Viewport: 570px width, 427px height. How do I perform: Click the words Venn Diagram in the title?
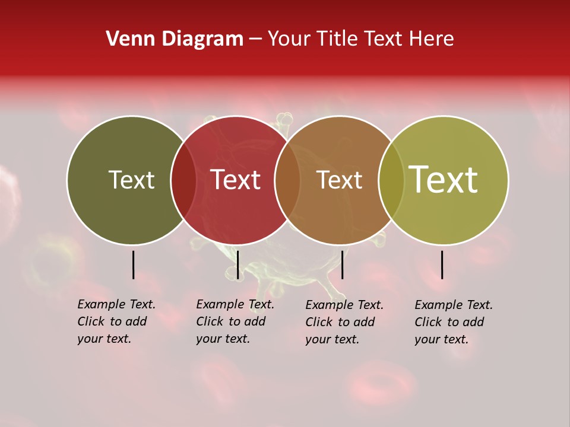175,39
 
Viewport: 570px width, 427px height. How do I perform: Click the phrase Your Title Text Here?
360,39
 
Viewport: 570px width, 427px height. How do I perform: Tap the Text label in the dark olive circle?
131,180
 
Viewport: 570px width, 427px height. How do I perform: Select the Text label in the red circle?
235,180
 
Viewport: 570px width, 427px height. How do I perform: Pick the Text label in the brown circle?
339,180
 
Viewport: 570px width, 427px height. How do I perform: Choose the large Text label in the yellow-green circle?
443,180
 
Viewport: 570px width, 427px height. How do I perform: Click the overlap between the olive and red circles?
183,180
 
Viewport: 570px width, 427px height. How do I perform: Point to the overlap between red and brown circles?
287,180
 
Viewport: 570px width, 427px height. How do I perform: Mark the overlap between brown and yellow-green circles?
391,180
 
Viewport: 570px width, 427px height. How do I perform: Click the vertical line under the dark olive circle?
134,265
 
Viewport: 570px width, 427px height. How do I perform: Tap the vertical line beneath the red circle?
237,265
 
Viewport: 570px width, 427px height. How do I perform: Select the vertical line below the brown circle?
342,265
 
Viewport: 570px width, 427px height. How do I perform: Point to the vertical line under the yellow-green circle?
442,265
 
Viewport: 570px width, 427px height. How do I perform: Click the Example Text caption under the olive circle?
116,321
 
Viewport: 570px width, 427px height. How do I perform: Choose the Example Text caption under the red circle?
235,321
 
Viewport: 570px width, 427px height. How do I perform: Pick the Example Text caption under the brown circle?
344,322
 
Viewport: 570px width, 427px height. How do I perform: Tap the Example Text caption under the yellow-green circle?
453,322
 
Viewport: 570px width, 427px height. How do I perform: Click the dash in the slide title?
255,40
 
